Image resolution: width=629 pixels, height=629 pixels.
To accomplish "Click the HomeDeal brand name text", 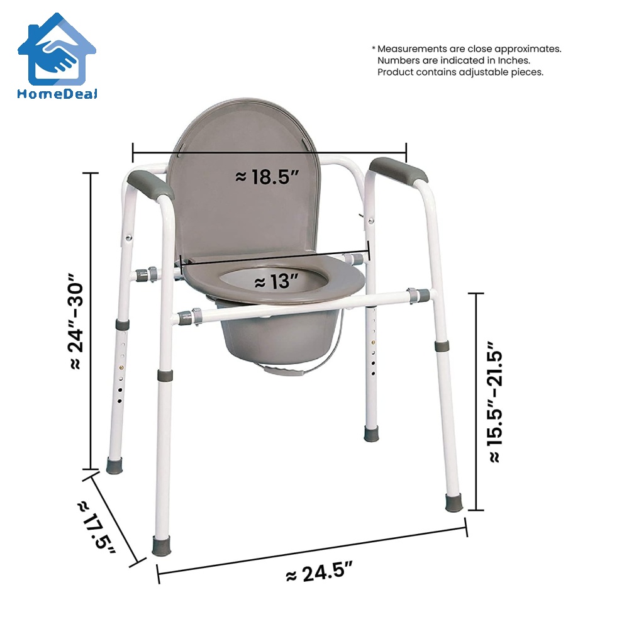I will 57,93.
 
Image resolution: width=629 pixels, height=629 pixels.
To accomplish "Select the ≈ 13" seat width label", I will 272,282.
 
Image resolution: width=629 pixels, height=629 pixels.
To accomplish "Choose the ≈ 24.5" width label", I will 318,574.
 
